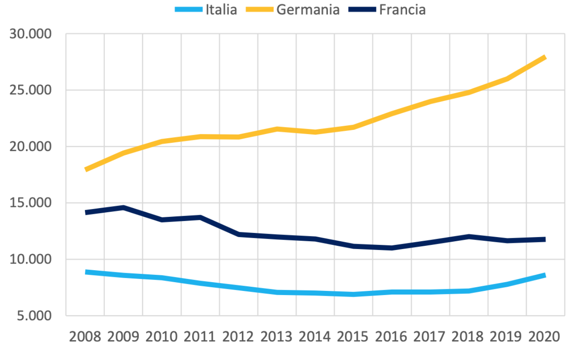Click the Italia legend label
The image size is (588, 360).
coord(221,10)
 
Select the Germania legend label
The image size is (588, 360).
coord(308,10)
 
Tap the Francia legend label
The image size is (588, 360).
coord(402,10)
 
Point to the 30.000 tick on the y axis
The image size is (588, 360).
coord(31,34)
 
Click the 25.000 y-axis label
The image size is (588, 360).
coord(31,90)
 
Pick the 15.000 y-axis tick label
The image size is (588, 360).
coord(31,203)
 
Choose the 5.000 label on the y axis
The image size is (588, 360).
coord(34,316)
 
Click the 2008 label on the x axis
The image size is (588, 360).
coord(85,336)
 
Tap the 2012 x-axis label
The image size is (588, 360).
coord(238,336)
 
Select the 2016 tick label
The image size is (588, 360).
coord(391,336)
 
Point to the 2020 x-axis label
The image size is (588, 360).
coord(545,336)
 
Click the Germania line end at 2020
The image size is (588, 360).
coord(545,58)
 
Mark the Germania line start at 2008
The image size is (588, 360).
coord(86,169)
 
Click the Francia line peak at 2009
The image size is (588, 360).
coord(123,207)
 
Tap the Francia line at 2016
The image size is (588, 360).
coord(392,248)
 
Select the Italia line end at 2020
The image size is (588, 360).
coord(545,275)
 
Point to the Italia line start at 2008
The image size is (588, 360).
coord(86,272)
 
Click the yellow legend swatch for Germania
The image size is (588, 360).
coord(260,10)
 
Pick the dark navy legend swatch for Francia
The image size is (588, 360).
coord(362,10)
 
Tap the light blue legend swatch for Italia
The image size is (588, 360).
coord(189,10)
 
